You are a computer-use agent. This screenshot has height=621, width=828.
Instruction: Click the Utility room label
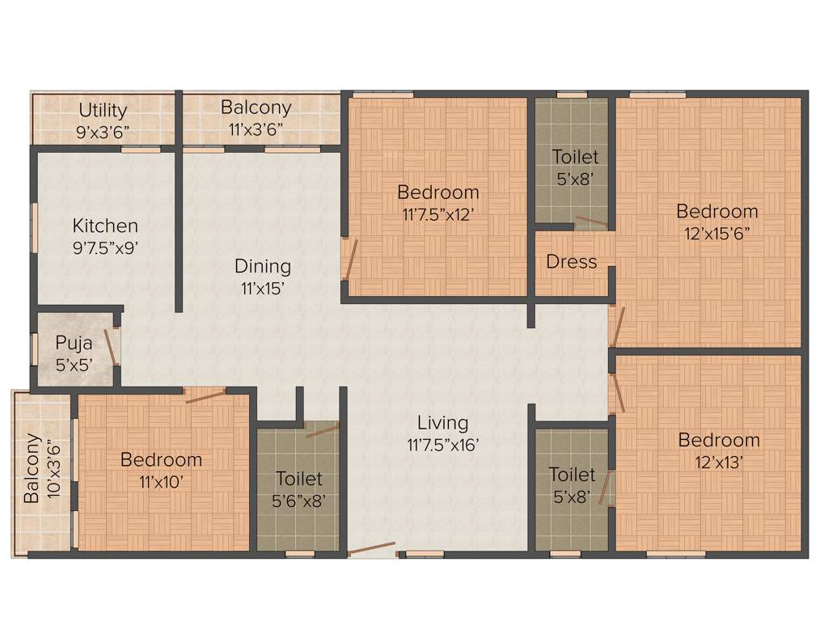pos(103,110)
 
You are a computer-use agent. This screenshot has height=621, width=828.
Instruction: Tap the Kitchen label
pos(105,226)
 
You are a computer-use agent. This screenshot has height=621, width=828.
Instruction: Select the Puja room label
pos(74,343)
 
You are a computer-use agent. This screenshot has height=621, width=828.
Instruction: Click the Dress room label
pos(572,262)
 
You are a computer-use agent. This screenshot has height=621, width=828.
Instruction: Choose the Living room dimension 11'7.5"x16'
pos(443,444)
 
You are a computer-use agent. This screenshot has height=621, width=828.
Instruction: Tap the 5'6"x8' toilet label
pos(298,501)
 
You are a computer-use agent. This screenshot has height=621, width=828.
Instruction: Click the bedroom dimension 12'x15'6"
pos(718,233)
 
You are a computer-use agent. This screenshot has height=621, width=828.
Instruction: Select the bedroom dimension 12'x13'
pos(719,463)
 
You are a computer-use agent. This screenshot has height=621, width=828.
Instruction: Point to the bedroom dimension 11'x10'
pos(161,481)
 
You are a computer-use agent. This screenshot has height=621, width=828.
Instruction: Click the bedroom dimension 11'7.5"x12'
pos(437,214)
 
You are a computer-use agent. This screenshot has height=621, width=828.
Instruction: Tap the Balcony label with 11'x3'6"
pos(256,108)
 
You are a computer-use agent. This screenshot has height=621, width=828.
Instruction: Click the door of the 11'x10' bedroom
pos(205,395)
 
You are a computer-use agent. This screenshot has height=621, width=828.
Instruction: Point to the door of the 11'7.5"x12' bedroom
pos(349,259)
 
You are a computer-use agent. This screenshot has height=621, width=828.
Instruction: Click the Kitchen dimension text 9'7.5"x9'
pos(105,247)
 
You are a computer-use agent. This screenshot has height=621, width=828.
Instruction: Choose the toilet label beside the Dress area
pos(576,156)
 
